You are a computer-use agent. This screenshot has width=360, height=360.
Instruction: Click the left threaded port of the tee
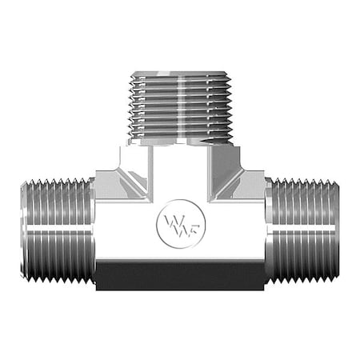pos(56,230)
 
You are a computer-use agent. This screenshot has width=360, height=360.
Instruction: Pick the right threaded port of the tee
pos(303,230)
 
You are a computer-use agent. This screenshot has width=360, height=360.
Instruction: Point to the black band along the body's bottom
pos(180,274)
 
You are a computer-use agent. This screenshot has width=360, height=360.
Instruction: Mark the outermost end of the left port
pos(24,230)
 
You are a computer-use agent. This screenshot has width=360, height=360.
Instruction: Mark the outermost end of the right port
pos(336,230)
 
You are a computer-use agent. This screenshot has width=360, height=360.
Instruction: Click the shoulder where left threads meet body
pos(92,230)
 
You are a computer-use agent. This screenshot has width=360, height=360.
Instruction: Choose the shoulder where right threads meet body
pos(268,230)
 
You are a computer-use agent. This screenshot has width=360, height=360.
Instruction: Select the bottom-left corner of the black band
pos(97,287)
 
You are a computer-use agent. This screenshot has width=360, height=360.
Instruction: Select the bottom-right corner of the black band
pos(263,287)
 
